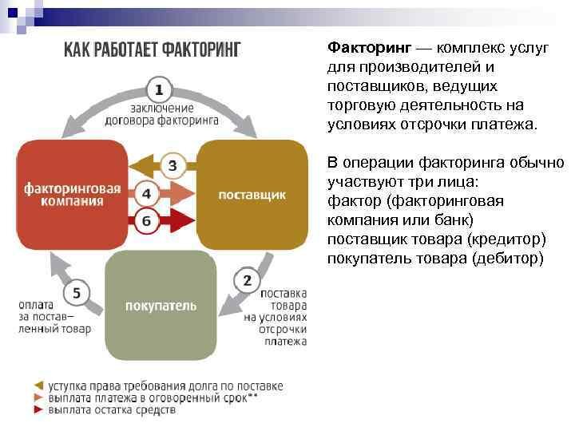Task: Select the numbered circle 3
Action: pyautogui.click(x=172, y=166)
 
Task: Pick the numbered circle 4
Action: pyautogui.click(x=146, y=194)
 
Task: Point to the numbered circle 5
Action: pyautogui.click(x=77, y=293)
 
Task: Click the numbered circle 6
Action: pyautogui.click(x=146, y=220)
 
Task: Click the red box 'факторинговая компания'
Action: pyautogui.click(x=72, y=195)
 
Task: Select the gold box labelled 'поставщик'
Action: pyautogui.click(x=251, y=195)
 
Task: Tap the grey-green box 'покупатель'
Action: pyautogui.click(x=161, y=306)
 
